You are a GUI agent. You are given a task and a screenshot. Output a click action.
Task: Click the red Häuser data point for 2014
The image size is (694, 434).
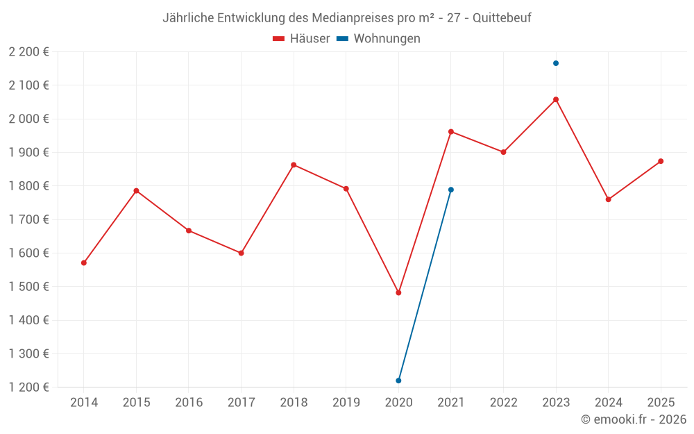84,263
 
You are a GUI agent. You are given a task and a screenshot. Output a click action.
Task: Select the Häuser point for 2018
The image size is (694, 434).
294,165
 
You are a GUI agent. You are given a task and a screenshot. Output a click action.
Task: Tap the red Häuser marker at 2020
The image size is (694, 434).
398,293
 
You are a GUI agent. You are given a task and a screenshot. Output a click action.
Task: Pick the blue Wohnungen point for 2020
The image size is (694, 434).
398,381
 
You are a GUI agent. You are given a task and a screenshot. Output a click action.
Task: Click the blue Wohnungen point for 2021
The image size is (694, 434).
451,190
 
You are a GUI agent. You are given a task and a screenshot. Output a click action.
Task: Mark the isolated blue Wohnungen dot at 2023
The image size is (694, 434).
556,63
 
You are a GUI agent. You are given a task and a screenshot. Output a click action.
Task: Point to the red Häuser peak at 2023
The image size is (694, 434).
556,99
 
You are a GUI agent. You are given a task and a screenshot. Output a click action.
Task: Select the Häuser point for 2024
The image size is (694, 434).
609,199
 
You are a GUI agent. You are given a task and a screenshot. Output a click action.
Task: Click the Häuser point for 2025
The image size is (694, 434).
661,161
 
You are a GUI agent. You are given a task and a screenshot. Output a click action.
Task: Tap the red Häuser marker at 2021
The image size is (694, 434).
451,131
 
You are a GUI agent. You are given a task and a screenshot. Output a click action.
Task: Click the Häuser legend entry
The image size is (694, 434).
301,39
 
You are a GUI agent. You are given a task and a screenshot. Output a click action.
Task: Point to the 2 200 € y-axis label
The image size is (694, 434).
29,51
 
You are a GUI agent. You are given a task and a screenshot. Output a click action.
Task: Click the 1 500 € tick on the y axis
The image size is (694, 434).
29,287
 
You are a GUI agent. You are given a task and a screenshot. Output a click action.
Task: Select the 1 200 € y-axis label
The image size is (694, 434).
29,387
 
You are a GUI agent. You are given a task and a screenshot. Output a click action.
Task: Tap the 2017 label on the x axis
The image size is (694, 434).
241,402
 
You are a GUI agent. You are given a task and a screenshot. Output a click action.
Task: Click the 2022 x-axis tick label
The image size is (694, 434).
503,402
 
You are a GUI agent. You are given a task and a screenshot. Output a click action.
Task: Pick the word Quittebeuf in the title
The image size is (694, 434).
502,18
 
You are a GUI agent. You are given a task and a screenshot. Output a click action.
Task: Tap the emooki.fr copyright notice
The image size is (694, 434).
633,419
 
